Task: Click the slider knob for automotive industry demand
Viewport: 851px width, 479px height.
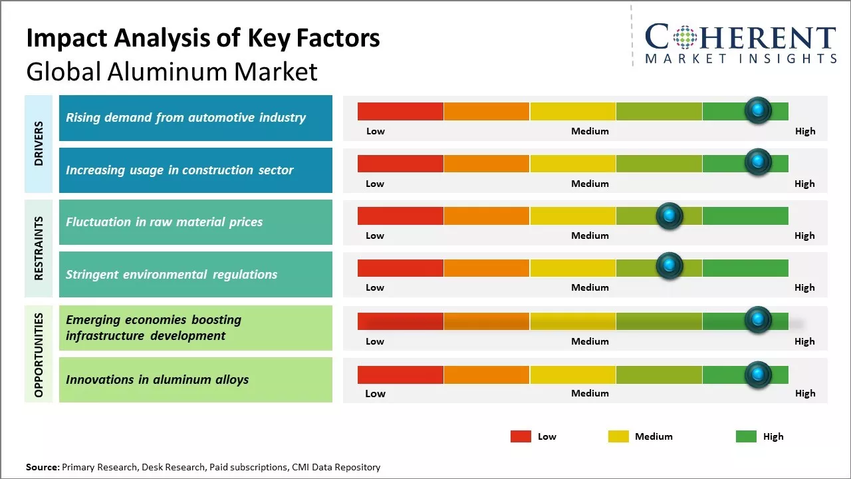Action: click(x=758, y=110)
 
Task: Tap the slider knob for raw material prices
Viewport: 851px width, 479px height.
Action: click(x=669, y=216)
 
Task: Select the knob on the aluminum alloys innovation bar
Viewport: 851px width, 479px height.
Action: click(x=758, y=375)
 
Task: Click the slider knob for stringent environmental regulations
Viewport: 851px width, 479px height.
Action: click(x=669, y=266)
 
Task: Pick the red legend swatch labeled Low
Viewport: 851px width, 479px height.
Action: click(x=521, y=436)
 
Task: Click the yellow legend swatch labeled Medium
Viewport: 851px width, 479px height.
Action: click(x=618, y=436)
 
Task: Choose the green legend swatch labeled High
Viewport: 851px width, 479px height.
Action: click(x=746, y=436)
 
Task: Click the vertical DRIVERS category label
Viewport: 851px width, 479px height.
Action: click(x=39, y=144)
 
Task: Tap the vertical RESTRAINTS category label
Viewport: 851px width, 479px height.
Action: click(x=39, y=248)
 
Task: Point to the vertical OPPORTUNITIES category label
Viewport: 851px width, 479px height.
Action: click(x=39, y=355)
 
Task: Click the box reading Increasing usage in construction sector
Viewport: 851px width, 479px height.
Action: click(x=195, y=170)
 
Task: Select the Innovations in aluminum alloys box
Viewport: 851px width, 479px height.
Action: click(x=195, y=380)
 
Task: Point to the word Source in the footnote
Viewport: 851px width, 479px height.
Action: click(x=42, y=467)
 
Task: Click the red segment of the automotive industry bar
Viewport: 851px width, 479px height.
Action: click(x=400, y=111)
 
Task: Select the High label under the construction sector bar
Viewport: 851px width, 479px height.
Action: click(x=804, y=184)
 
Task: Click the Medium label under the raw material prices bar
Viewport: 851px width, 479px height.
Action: click(x=590, y=236)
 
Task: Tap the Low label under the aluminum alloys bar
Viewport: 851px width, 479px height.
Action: click(x=375, y=393)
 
